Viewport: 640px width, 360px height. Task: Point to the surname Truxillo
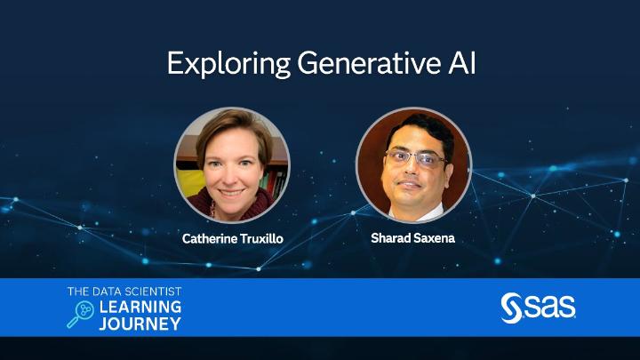tap(260, 239)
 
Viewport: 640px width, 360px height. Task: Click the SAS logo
tap(539, 307)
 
